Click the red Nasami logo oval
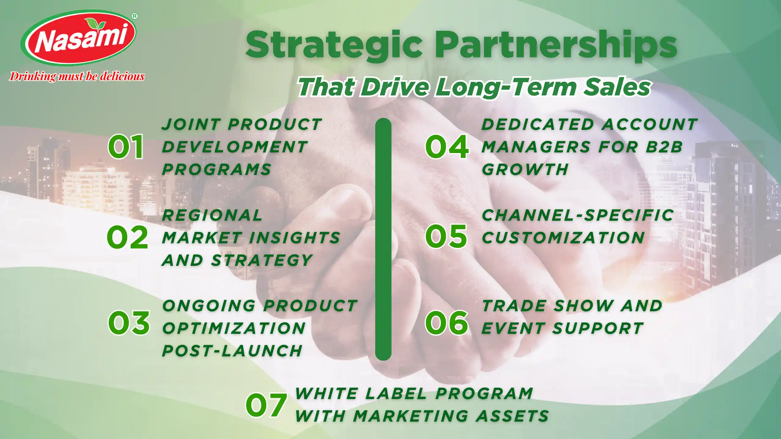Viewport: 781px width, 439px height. [x=78, y=38]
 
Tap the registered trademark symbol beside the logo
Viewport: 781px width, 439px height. [x=135, y=16]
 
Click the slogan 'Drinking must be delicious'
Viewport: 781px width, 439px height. [x=77, y=77]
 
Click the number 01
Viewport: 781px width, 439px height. [x=126, y=147]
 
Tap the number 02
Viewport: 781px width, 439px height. [x=128, y=237]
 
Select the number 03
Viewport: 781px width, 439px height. [x=129, y=323]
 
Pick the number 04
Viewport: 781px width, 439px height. [x=447, y=147]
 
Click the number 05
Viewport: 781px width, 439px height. [x=446, y=236]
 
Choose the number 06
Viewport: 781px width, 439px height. [x=447, y=323]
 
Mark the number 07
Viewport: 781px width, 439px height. [x=266, y=405]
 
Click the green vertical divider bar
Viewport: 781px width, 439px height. [x=383, y=239]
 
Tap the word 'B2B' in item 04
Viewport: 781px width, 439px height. [x=664, y=147]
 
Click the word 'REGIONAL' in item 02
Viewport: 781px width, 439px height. [x=212, y=215]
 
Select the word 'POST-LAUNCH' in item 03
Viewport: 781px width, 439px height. [x=232, y=351]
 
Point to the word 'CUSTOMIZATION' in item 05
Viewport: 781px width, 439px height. [x=563, y=238]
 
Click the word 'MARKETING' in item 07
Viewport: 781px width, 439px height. [x=410, y=416]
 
